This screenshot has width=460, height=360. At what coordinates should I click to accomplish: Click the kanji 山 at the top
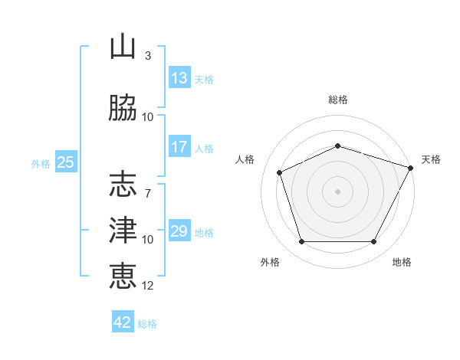[x=123, y=46]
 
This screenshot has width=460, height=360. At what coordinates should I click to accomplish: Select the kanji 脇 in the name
[x=123, y=107]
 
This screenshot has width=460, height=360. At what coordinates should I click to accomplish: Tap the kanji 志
[x=123, y=184]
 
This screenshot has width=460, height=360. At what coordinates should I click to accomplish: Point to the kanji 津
[x=123, y=230]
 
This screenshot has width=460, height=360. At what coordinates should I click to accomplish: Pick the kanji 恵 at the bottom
[x=123, y=276]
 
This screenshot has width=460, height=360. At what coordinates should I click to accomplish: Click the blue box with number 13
[x=179, y=77]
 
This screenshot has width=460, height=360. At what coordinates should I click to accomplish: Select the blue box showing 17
[x=179, y=146]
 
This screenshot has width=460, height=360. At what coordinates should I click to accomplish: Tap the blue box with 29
[x=179, y=230]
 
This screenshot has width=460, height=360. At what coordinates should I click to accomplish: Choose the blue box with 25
[x=66, y=162]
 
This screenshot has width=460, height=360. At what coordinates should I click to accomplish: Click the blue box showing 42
[x=123, y=321]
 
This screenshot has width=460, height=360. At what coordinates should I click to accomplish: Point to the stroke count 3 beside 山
[x=148, y=56]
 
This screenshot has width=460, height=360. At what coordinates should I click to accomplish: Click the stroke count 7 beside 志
[x=148, y=194]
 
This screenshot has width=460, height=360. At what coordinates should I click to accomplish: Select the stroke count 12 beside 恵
[x=147, y=286]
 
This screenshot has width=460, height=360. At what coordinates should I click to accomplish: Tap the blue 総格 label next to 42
[x=147, y=324]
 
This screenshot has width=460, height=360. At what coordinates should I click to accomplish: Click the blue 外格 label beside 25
[x=41, y=164]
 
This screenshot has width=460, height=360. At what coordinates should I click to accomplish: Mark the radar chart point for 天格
[x=411, y=168]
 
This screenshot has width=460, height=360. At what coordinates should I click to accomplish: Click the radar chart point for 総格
[x=337, y=146]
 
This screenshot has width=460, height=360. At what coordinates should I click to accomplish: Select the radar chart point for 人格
[x=279, y=172]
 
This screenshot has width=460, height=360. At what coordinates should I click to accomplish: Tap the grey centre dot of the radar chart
[x=337, y=191]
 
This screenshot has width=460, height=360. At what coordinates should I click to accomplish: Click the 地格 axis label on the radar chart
[x=402, y=262]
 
